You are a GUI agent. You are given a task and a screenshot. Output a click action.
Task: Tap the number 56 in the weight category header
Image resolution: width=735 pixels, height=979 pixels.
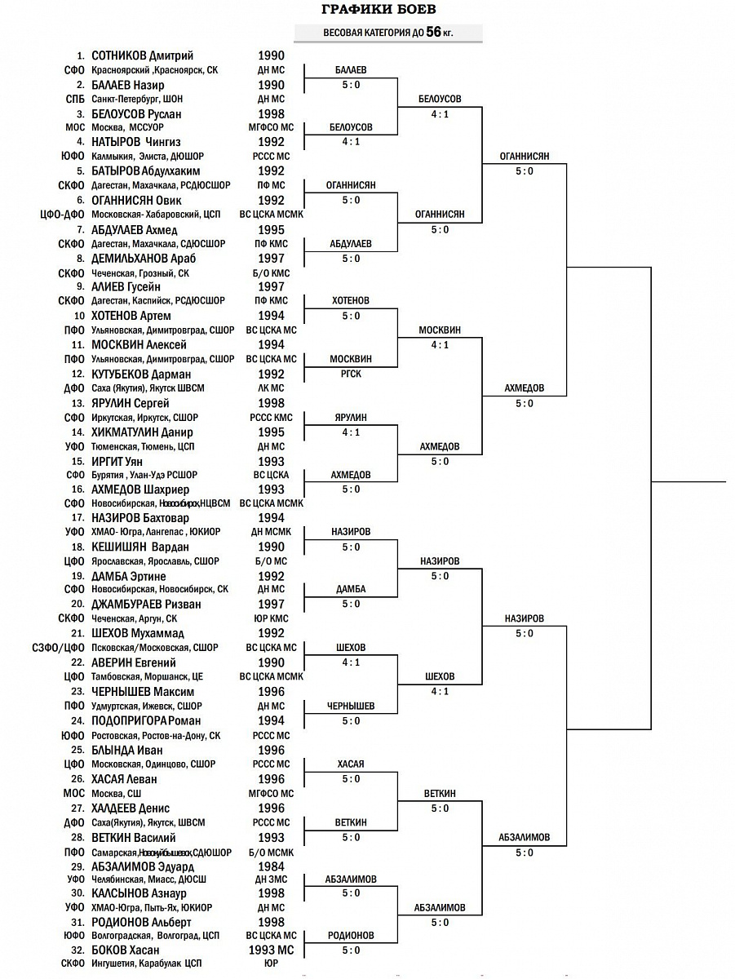coord(433,33)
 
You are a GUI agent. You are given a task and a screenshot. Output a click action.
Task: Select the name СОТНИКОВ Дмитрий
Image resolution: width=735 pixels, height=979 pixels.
coord(142,56)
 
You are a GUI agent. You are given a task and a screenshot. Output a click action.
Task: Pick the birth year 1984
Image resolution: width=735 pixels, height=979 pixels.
coord(272,866)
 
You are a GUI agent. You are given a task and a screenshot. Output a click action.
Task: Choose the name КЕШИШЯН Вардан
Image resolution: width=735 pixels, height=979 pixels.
coord(140,547)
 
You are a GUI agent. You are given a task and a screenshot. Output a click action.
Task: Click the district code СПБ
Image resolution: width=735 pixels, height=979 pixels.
coord(75,100)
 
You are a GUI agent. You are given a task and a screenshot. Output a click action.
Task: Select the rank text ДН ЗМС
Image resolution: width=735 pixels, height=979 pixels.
coord(272,879)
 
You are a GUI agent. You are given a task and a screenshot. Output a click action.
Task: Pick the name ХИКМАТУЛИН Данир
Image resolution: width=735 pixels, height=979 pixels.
coord(142,432)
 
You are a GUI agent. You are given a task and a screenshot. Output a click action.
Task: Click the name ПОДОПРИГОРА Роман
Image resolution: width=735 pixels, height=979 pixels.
coord(146,721)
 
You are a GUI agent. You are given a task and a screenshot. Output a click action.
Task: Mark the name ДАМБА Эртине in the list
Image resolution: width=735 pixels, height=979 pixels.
coord(129,577)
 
